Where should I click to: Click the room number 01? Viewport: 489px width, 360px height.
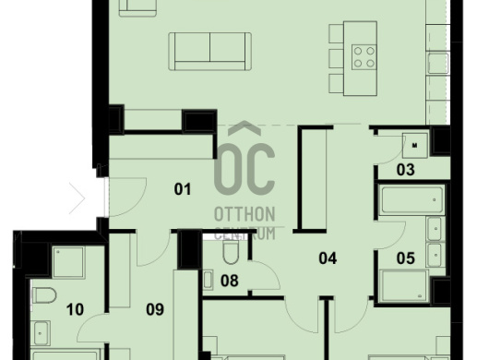[183, 189]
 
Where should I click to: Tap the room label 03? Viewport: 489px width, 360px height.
[405, 170]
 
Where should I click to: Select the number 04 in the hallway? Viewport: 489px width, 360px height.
[328, 258]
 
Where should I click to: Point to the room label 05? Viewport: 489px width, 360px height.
[405, 258]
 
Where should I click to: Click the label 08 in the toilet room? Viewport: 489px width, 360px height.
[230, 281]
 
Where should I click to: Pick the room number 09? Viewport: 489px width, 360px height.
[155, 309]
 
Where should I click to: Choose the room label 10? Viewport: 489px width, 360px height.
[75, 309]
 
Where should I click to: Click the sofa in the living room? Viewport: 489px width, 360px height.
[210, 51]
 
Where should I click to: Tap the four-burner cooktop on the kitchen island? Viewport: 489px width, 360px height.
[364, 57]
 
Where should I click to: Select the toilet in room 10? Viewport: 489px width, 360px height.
[44, 295]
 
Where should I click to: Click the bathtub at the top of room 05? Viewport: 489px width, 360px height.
[411, 199]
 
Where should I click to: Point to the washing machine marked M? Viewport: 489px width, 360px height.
[415, 145]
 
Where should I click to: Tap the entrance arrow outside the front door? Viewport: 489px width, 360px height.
[78, 198]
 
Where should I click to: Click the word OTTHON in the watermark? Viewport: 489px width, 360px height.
[244, 214]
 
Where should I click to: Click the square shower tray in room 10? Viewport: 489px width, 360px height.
[68, 262]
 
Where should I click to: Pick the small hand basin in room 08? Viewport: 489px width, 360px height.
[208, 280]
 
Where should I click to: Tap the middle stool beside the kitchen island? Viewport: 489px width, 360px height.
[336, 58]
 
